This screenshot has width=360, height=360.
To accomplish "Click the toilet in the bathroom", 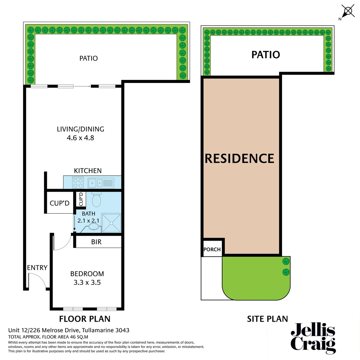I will (96, 200).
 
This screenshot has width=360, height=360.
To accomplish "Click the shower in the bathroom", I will (111, 223).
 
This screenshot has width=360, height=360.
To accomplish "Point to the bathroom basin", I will (94, 227).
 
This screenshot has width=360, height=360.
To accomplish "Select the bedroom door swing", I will (62, 242).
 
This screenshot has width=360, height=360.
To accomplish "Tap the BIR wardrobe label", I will (96, 242).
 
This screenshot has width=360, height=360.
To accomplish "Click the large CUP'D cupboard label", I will (60, 203).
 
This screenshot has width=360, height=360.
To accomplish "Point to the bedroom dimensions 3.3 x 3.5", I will (87, 283).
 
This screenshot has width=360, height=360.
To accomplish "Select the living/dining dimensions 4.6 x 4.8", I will (80, 137).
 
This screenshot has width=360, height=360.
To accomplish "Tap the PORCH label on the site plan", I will (212, 249).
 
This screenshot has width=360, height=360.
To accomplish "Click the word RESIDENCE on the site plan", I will (239, 158).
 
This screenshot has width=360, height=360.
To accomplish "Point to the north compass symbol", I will (348, 12).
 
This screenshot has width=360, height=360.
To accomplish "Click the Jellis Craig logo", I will (313, 337).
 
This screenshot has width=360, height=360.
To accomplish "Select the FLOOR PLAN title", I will (85, 319).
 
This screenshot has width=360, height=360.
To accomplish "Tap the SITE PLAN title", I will (267, 319).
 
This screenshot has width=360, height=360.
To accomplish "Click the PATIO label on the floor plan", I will (89, 58).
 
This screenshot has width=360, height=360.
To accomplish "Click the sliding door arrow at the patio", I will (82, 86).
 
